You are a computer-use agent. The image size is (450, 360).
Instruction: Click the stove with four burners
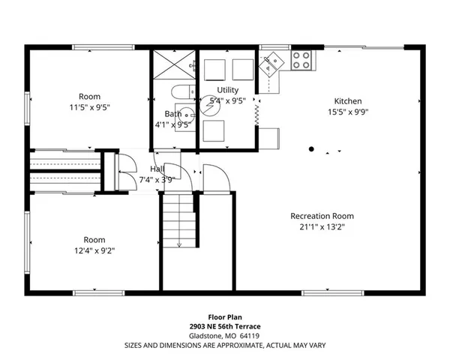click(x=301, y=60)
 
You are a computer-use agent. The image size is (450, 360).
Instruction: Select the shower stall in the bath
click(x=173, y=67)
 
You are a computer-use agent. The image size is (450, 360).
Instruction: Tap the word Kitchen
click(x=348, y=101)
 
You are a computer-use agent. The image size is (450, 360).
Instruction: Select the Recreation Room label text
click(x=322, y=216)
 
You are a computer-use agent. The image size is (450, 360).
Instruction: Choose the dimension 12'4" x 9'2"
click(x=94, y=250)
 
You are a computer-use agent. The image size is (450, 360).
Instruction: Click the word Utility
click(x=227, y=90)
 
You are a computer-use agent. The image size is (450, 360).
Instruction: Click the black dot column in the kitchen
click(x=311, y=149)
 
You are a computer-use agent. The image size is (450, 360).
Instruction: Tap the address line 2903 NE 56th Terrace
click(x=225, y=328)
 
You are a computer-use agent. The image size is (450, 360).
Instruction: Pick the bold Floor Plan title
click(x=225, y=318)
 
